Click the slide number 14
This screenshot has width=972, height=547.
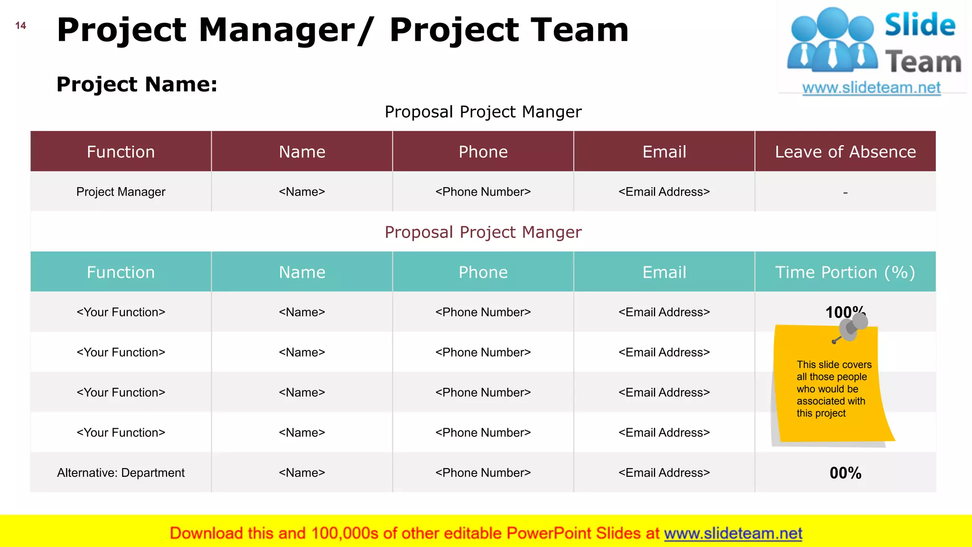20,26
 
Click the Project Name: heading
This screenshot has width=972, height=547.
137,85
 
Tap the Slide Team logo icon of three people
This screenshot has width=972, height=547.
832,40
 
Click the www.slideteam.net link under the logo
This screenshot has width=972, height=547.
871,88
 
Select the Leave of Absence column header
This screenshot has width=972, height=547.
845,152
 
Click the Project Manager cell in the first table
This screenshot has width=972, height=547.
121,192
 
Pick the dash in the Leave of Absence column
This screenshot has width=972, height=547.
845,193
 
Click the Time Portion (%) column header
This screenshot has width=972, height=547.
845,272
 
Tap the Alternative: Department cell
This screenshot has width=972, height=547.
121,473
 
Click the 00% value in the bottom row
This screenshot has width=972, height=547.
845,473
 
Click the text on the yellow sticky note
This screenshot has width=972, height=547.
833,389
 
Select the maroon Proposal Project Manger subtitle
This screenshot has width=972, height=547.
483,232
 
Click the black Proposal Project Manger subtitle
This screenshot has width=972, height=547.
483,112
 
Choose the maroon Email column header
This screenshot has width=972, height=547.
664,152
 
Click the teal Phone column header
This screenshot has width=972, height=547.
483,272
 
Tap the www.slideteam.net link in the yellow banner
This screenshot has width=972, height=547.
733,534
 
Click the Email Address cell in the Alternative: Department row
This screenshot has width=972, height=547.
664,473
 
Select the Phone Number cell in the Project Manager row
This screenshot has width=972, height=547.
483,192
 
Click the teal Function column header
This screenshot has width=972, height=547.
121,272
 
